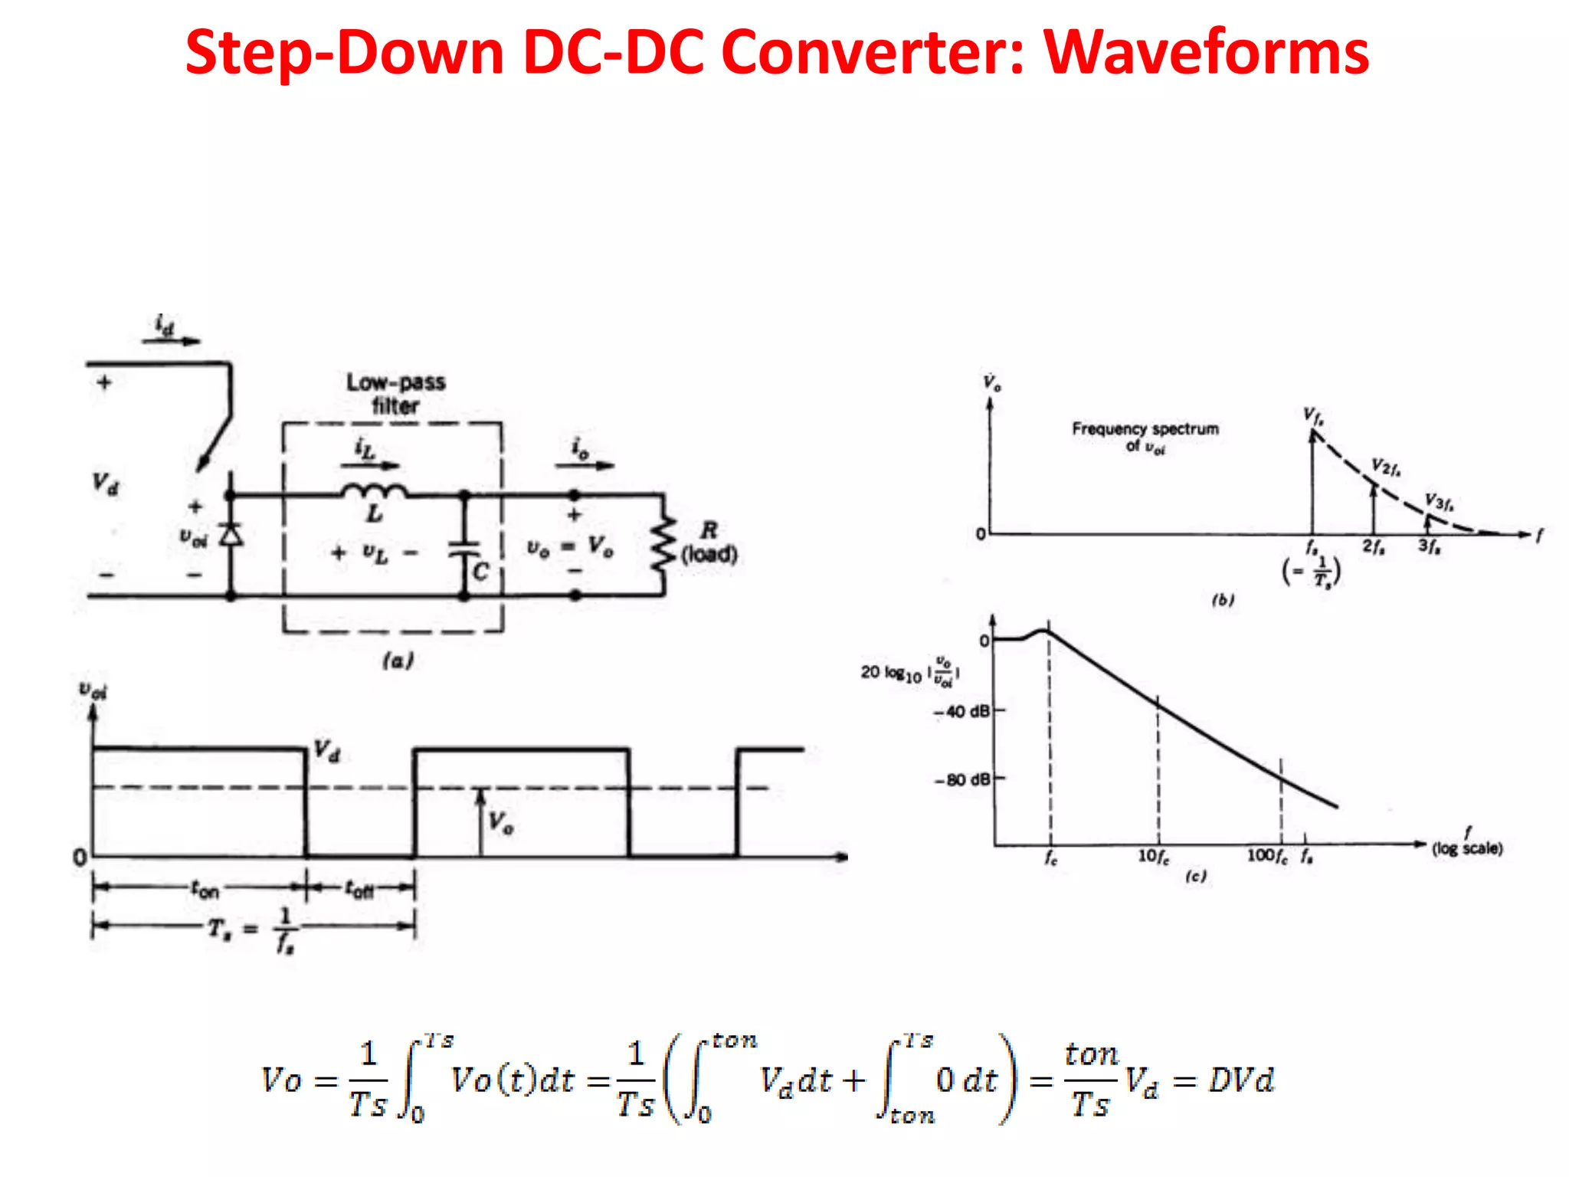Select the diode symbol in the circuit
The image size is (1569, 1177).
click(x=231, y=534)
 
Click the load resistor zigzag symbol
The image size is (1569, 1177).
click(x=663, y=544)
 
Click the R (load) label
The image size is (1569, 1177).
click(x=709, y=543)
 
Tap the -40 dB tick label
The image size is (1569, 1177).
click(x=962, y=712)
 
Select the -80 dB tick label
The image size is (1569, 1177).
click(x=962, y=780)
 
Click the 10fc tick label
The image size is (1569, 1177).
click(x=1153, y=856)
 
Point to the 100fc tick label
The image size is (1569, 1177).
click(x=1266, y=855)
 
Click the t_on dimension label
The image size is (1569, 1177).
click(x=205, y=890)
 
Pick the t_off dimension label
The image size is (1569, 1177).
click(x=359, y=890)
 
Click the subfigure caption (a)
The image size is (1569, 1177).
click(x=398, y=660)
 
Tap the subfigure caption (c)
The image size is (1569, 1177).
click(x=1196, y=876)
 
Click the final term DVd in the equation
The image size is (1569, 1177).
click(x=1241, y=1080)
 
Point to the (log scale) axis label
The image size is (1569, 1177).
click(x=1467, y=848)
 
